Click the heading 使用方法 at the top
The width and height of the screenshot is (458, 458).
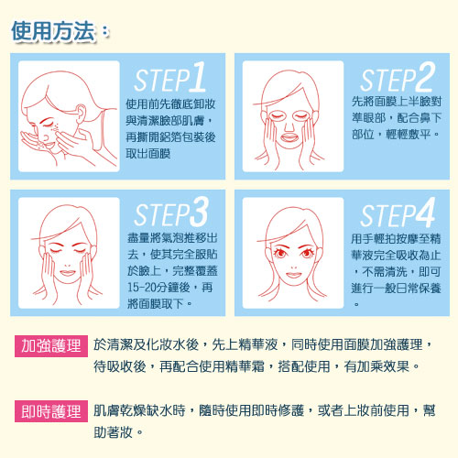(53, 31)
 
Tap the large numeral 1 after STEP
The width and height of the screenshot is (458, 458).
(198, 76)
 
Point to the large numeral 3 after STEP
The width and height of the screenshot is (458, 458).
(200, 212)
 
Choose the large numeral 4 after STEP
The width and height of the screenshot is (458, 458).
(426, 213)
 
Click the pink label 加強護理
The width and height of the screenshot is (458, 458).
(51, 346)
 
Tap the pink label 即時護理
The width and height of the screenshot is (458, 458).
(51, 411)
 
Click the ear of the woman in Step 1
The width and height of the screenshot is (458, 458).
(81, 114)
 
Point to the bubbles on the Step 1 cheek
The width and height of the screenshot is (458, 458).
(55, 129)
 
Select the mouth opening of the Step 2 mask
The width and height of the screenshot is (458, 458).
(289, 138)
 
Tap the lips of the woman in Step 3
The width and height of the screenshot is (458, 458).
(68, 273)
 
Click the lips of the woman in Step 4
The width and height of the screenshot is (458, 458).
(293, 275)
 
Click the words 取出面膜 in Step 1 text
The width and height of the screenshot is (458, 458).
(148, 154)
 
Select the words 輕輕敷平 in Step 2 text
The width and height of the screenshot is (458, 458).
(409, 135)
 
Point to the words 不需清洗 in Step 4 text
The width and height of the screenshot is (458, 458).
(385, 271)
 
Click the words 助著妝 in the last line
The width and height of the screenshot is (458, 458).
(113, 432)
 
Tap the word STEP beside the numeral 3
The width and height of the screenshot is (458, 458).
(162, 214)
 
